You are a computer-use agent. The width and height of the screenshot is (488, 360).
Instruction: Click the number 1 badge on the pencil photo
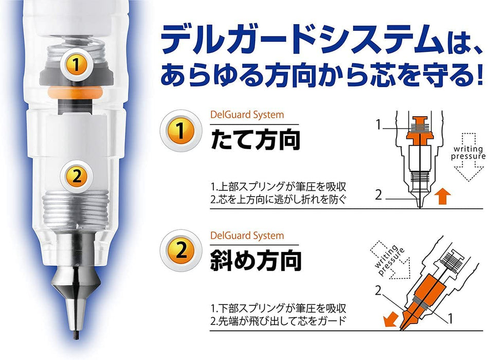pyautogui.click(x=76, y=65)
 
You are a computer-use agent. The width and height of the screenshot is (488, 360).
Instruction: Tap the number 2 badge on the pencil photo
pyautogui.click(x=76, y=177)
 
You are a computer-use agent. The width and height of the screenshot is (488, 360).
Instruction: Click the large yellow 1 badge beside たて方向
pyautogui.click(x=180, y=132)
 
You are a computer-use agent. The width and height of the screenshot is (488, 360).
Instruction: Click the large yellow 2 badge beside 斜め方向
pyautogui.click(x=180, y=253)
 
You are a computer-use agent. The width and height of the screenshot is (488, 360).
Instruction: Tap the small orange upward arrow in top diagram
pyautogui.click(x=443, y=196)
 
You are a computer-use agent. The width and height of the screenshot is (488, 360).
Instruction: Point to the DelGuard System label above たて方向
pyautogui.click(x=247, y=115)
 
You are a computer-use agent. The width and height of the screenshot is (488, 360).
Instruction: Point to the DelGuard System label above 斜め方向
pyautogui.click(x=247, y=236)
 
